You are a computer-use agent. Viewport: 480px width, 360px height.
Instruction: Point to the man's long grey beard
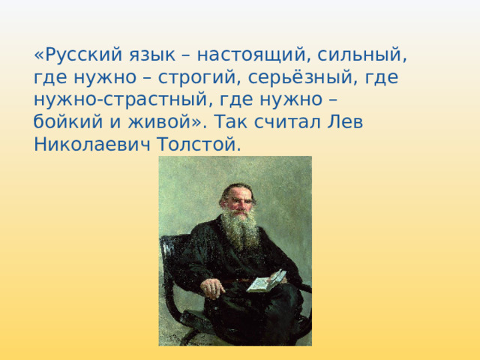(238, 229)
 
